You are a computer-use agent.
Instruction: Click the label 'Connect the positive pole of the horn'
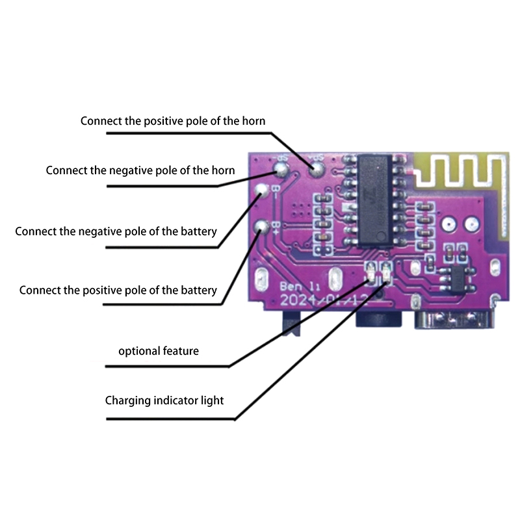click(173, 121)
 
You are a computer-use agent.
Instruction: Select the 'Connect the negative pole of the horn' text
click(140, 170)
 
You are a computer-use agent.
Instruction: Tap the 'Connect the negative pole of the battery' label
click(116, 231)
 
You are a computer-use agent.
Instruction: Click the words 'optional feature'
click(159, 351)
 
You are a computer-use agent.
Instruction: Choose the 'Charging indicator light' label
click(164, 400)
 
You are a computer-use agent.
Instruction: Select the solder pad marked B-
click(262, 190)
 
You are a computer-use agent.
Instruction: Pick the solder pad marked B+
click(262, 227)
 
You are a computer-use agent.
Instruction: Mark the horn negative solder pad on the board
click(281, 169)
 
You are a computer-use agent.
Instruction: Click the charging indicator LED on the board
click(387, 271)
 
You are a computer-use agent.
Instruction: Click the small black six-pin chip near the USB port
click(453, 276)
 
